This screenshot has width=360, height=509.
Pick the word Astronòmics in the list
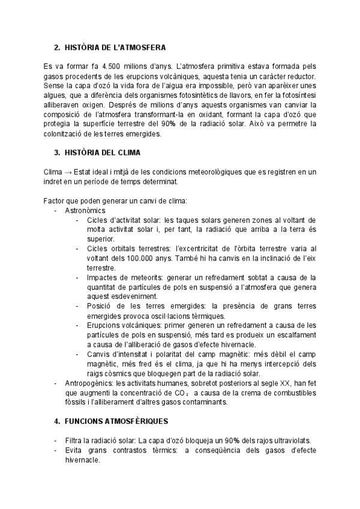85,211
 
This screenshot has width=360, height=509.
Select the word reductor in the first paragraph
301,75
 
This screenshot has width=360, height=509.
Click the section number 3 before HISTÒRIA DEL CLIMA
56,153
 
